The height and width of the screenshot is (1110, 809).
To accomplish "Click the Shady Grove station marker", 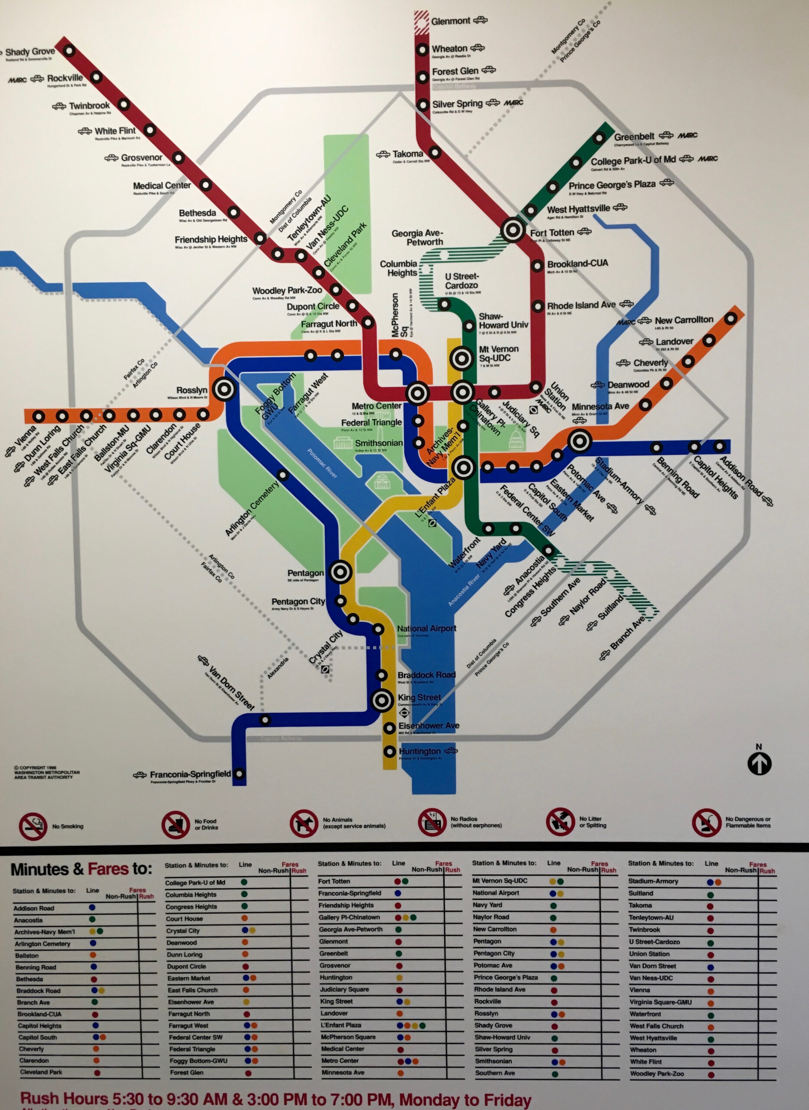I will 69,50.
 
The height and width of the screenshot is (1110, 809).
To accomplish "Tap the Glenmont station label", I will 451,21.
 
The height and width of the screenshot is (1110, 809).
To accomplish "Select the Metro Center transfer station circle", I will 418,393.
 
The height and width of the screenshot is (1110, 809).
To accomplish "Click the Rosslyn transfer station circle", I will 224,389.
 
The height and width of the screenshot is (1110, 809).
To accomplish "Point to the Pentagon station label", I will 305,573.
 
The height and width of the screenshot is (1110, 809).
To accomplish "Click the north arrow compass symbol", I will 759,764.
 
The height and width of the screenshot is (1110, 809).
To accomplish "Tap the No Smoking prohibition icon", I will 33,826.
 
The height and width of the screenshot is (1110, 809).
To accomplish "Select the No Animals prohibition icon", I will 304,823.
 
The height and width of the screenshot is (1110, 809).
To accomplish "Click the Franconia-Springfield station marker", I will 239,774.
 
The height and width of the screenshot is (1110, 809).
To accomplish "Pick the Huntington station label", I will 419,751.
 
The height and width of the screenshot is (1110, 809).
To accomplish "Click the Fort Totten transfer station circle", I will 513,229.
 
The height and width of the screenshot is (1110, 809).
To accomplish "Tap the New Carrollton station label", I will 684,320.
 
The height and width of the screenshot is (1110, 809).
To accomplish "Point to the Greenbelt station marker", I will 599,138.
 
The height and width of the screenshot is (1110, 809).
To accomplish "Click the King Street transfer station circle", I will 381,700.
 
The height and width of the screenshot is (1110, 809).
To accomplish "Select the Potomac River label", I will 322,463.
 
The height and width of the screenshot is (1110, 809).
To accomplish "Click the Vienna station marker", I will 39,417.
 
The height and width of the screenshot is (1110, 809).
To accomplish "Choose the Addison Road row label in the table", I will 34,908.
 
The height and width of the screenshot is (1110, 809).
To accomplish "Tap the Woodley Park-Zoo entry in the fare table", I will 656,1074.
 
